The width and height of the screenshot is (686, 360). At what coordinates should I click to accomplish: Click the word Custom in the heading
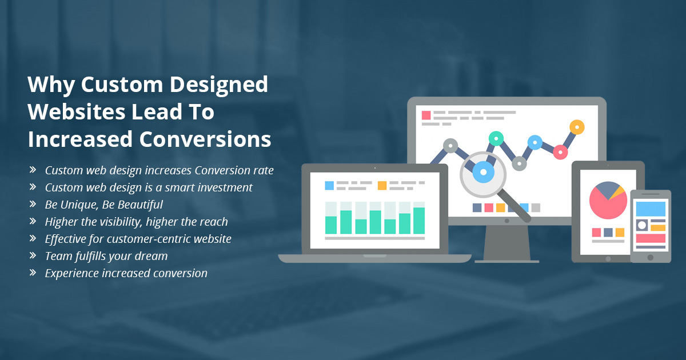(122, 85)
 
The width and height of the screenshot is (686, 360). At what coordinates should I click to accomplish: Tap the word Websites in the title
(76, 112)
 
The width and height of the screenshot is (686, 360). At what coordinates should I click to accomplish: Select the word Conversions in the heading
(205, 139)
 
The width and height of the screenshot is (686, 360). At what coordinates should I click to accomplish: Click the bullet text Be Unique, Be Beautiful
(104, 205)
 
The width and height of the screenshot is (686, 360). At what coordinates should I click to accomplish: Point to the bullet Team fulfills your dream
(106, 256)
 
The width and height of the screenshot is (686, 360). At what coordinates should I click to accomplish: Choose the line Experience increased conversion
(126, 273)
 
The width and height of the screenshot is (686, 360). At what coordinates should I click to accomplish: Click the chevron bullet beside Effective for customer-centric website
(33, 238)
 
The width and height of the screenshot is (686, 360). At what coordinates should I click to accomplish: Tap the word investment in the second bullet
(225, 187)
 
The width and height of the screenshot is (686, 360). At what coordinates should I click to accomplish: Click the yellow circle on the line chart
(577, 127)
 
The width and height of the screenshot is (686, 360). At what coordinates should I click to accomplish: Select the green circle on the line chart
(496, 139)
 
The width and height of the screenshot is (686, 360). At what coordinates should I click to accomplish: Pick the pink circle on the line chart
(560, 152)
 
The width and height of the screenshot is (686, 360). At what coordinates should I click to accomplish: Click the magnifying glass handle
(515, 206)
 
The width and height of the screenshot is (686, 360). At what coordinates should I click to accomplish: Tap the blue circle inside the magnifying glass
(483, 172)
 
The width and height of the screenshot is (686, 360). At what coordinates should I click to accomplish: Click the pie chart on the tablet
(608, 200)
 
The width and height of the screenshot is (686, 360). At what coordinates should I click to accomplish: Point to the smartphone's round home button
(651, 258)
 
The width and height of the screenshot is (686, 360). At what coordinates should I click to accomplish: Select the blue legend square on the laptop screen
(329, 186)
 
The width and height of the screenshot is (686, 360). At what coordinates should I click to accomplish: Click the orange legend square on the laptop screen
(382, 186)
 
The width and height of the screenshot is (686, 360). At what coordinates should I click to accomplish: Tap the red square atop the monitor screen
(426, 115)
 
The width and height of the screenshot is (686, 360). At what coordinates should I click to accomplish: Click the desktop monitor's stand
(507, 244)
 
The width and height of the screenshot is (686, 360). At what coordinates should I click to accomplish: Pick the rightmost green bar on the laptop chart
(419, 221)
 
